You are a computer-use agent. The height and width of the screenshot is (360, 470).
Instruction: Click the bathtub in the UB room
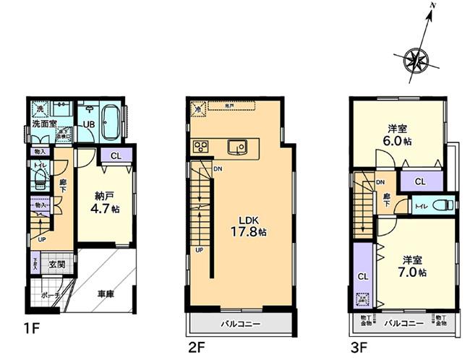point(111,124)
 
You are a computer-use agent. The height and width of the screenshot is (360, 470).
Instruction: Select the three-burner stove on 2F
point(200,147)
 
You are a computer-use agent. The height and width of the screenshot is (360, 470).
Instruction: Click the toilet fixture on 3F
point(444,204)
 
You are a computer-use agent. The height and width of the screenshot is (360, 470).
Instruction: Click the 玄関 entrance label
point(56,265)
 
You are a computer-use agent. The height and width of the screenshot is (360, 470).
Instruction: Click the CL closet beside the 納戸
point(116,155)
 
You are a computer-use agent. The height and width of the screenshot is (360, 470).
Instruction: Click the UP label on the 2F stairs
point(198,250)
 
